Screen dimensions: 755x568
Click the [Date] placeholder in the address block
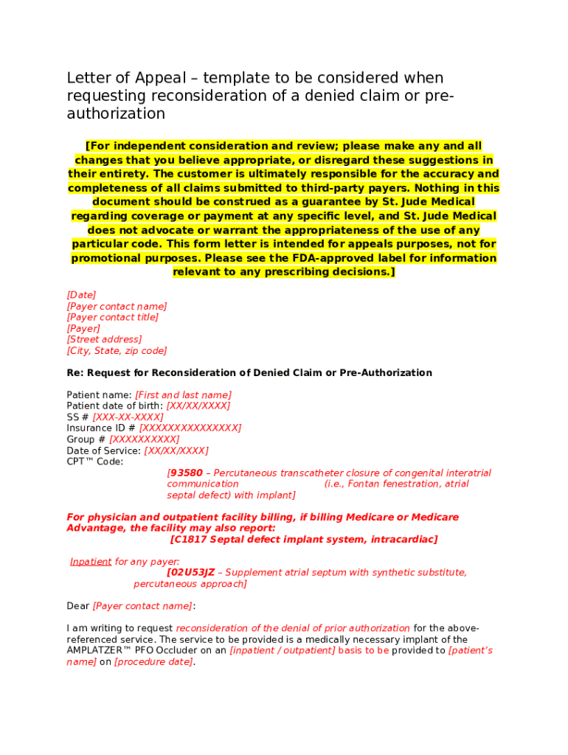(81, 295)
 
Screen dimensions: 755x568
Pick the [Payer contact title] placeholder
(113, 318)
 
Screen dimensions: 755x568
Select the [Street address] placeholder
(104, 340)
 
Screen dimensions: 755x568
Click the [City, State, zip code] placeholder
(117, 351)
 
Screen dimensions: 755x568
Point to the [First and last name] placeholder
(183, 395)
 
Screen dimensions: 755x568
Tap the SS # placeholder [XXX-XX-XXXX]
(128, 417)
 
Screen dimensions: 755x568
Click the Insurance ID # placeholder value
(190, 428)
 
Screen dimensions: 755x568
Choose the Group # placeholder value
(145, 439)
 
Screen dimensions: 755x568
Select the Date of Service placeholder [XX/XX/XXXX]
(176, 450)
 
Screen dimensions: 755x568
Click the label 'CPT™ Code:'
(95, 462)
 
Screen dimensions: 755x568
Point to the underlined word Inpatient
(91, 562)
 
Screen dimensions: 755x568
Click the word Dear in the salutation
(78, 606)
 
